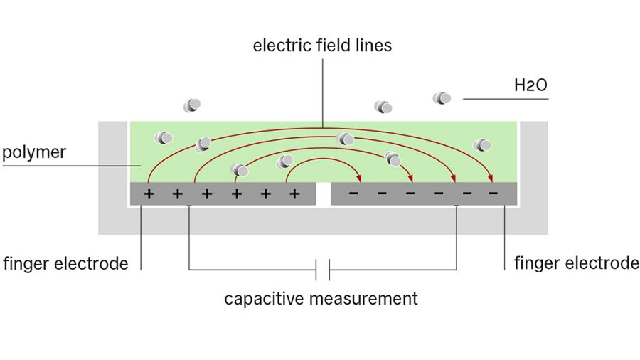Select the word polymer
[x=34, y=152]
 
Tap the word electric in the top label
[x=277, y=46]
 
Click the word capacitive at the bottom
[x=264, y=298]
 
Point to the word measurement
[x=363, y=298]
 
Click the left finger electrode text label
[x=65, y=264]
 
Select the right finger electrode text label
[x=576, y=263]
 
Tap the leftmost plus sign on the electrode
[x=149, y=194]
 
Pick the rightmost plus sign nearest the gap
[x=294, y=194]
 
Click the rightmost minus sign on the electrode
[x=493, y=194]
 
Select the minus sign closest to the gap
[x=353, y=194]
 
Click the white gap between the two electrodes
[x=324, y=194]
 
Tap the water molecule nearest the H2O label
[x=442, y=98]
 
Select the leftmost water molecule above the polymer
[x=191, y=105]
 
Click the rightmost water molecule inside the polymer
[x=483, y=145]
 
